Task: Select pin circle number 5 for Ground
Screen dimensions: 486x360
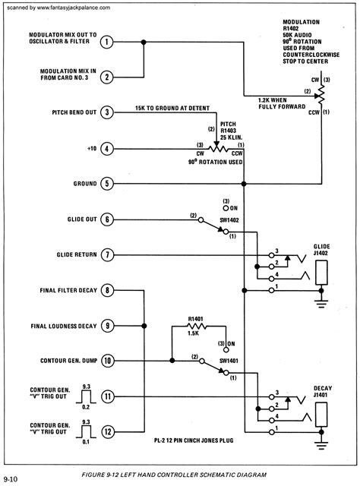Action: (x=108, y=183)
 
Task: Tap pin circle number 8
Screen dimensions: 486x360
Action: (x=108, y=290)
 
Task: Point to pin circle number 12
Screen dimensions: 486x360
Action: (x=108, y=432)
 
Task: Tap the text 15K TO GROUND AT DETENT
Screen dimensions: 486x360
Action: (x=172, y=108)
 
